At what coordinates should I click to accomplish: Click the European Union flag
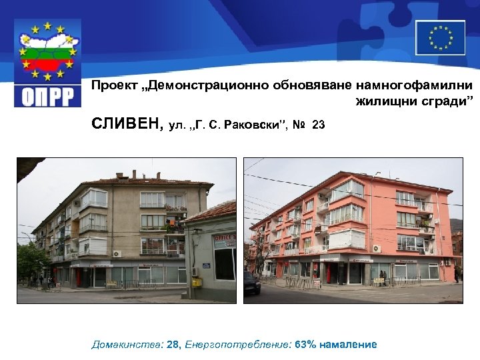[x=440, y=37]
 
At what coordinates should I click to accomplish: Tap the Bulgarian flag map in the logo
[x=48, y=53]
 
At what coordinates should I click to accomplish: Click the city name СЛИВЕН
[x=127, y=124]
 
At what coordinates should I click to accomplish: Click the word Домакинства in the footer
[x=125, y=345]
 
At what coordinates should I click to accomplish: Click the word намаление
[x=348, y=345]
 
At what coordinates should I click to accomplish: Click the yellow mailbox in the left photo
[x=197, y=282]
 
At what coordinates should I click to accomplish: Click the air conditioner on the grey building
[x=117, y=254]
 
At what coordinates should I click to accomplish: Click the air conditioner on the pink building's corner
[x=377, y=249]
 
